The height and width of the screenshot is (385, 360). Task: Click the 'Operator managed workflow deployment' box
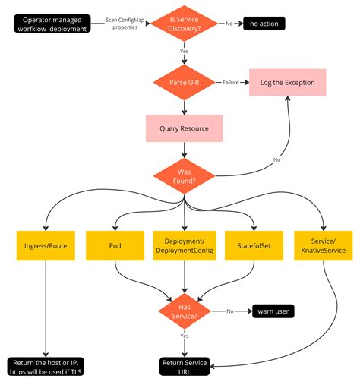[52, 23]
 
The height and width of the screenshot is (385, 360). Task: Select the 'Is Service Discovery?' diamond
[184, 23]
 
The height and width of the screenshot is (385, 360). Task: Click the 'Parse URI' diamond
[184, 82]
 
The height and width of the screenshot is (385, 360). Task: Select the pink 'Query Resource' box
[184, 128]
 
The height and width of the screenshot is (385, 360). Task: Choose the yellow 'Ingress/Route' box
[46, 247]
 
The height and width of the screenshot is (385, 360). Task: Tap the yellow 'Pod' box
[115, 247]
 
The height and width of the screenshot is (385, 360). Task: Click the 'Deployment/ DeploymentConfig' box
[184, 247]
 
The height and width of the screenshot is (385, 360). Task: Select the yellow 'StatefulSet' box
[253, 247]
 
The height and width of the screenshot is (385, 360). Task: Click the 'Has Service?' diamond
[184, 311]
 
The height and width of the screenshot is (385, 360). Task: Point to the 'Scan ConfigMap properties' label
[123, 23]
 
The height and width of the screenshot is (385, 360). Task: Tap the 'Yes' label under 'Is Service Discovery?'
[184, 52]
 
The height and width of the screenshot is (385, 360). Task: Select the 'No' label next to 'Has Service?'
[229, 311]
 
